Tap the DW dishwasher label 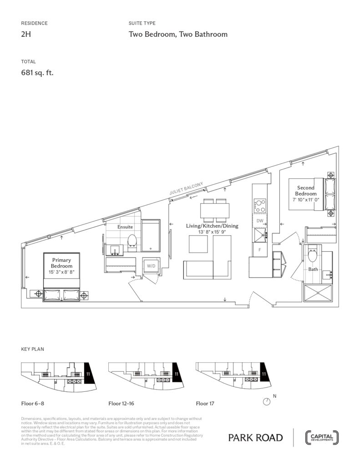point(260,221)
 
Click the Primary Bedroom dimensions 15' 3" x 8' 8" point(61,272)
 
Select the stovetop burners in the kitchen point(260,204)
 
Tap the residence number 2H point(27,35)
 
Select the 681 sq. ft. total point(37,72)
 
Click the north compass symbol point(267,401)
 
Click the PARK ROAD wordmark point(255,438)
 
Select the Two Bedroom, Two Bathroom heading point(178,35)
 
